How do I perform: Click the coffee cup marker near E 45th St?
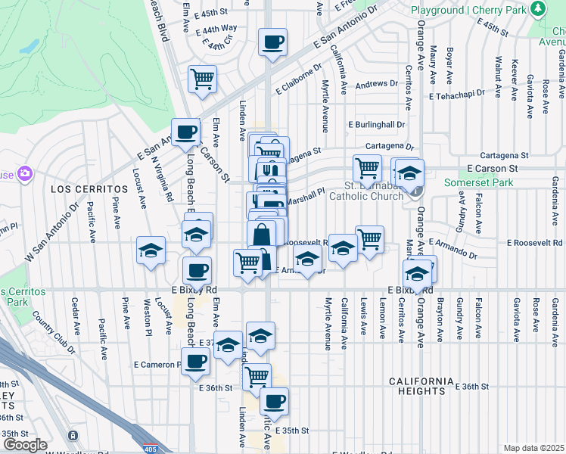(272, 42)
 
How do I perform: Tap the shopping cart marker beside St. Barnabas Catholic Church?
(367, 168)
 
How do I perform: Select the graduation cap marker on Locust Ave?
(151, 250)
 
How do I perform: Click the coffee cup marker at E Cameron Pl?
(195, 362)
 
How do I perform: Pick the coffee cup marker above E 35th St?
(274, 401)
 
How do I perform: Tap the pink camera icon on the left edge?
(25, 174)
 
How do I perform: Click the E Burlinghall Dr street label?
(377, 124)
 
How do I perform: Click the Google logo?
(25, 445)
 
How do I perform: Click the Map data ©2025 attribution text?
(533, 448)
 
